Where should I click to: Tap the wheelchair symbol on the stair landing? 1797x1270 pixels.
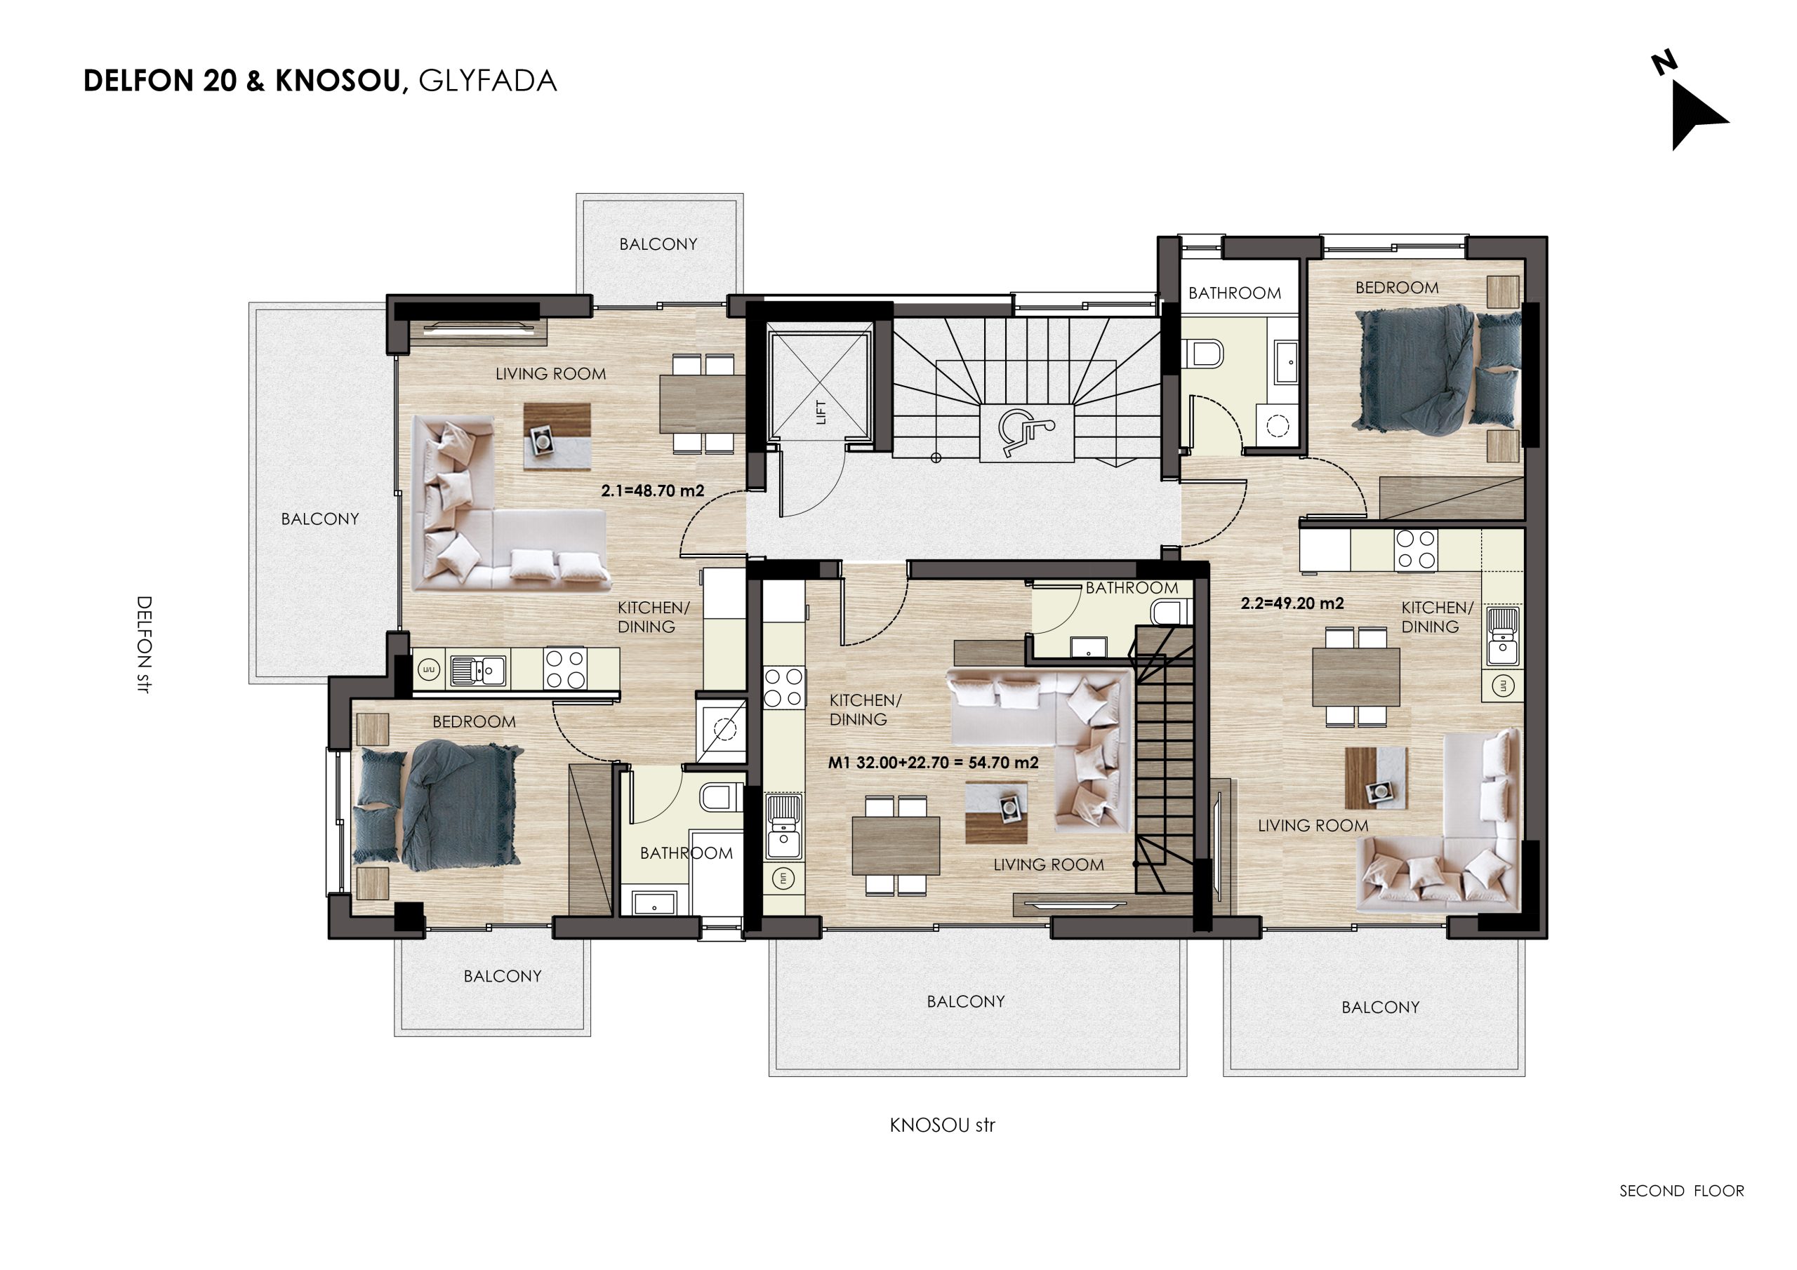point(1027,433)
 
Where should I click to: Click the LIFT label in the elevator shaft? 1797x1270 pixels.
point(821,412)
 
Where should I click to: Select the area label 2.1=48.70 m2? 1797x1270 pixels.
point(653,490)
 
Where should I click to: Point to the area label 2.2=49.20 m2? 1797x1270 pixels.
point(1292,603)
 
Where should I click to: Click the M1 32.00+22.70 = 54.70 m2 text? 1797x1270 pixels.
point(933,762)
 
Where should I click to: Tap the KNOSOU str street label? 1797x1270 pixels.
point(942,1125)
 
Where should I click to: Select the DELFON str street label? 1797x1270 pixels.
point(143,645)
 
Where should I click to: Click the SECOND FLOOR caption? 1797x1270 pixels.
point(1682,1191)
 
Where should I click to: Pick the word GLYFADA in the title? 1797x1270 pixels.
point(488,81)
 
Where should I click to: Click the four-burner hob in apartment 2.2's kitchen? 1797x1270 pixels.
point(1417,549)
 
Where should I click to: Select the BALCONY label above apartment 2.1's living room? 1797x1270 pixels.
point(658,244)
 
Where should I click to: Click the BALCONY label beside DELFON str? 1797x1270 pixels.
point(320,519)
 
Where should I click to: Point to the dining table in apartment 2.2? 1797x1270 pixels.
point(1355,677)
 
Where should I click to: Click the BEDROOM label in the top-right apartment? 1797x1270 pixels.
point(1397,288)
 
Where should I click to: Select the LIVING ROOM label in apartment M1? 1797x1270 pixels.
point(1049,864)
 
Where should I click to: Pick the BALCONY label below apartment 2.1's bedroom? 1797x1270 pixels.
point(503,977)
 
